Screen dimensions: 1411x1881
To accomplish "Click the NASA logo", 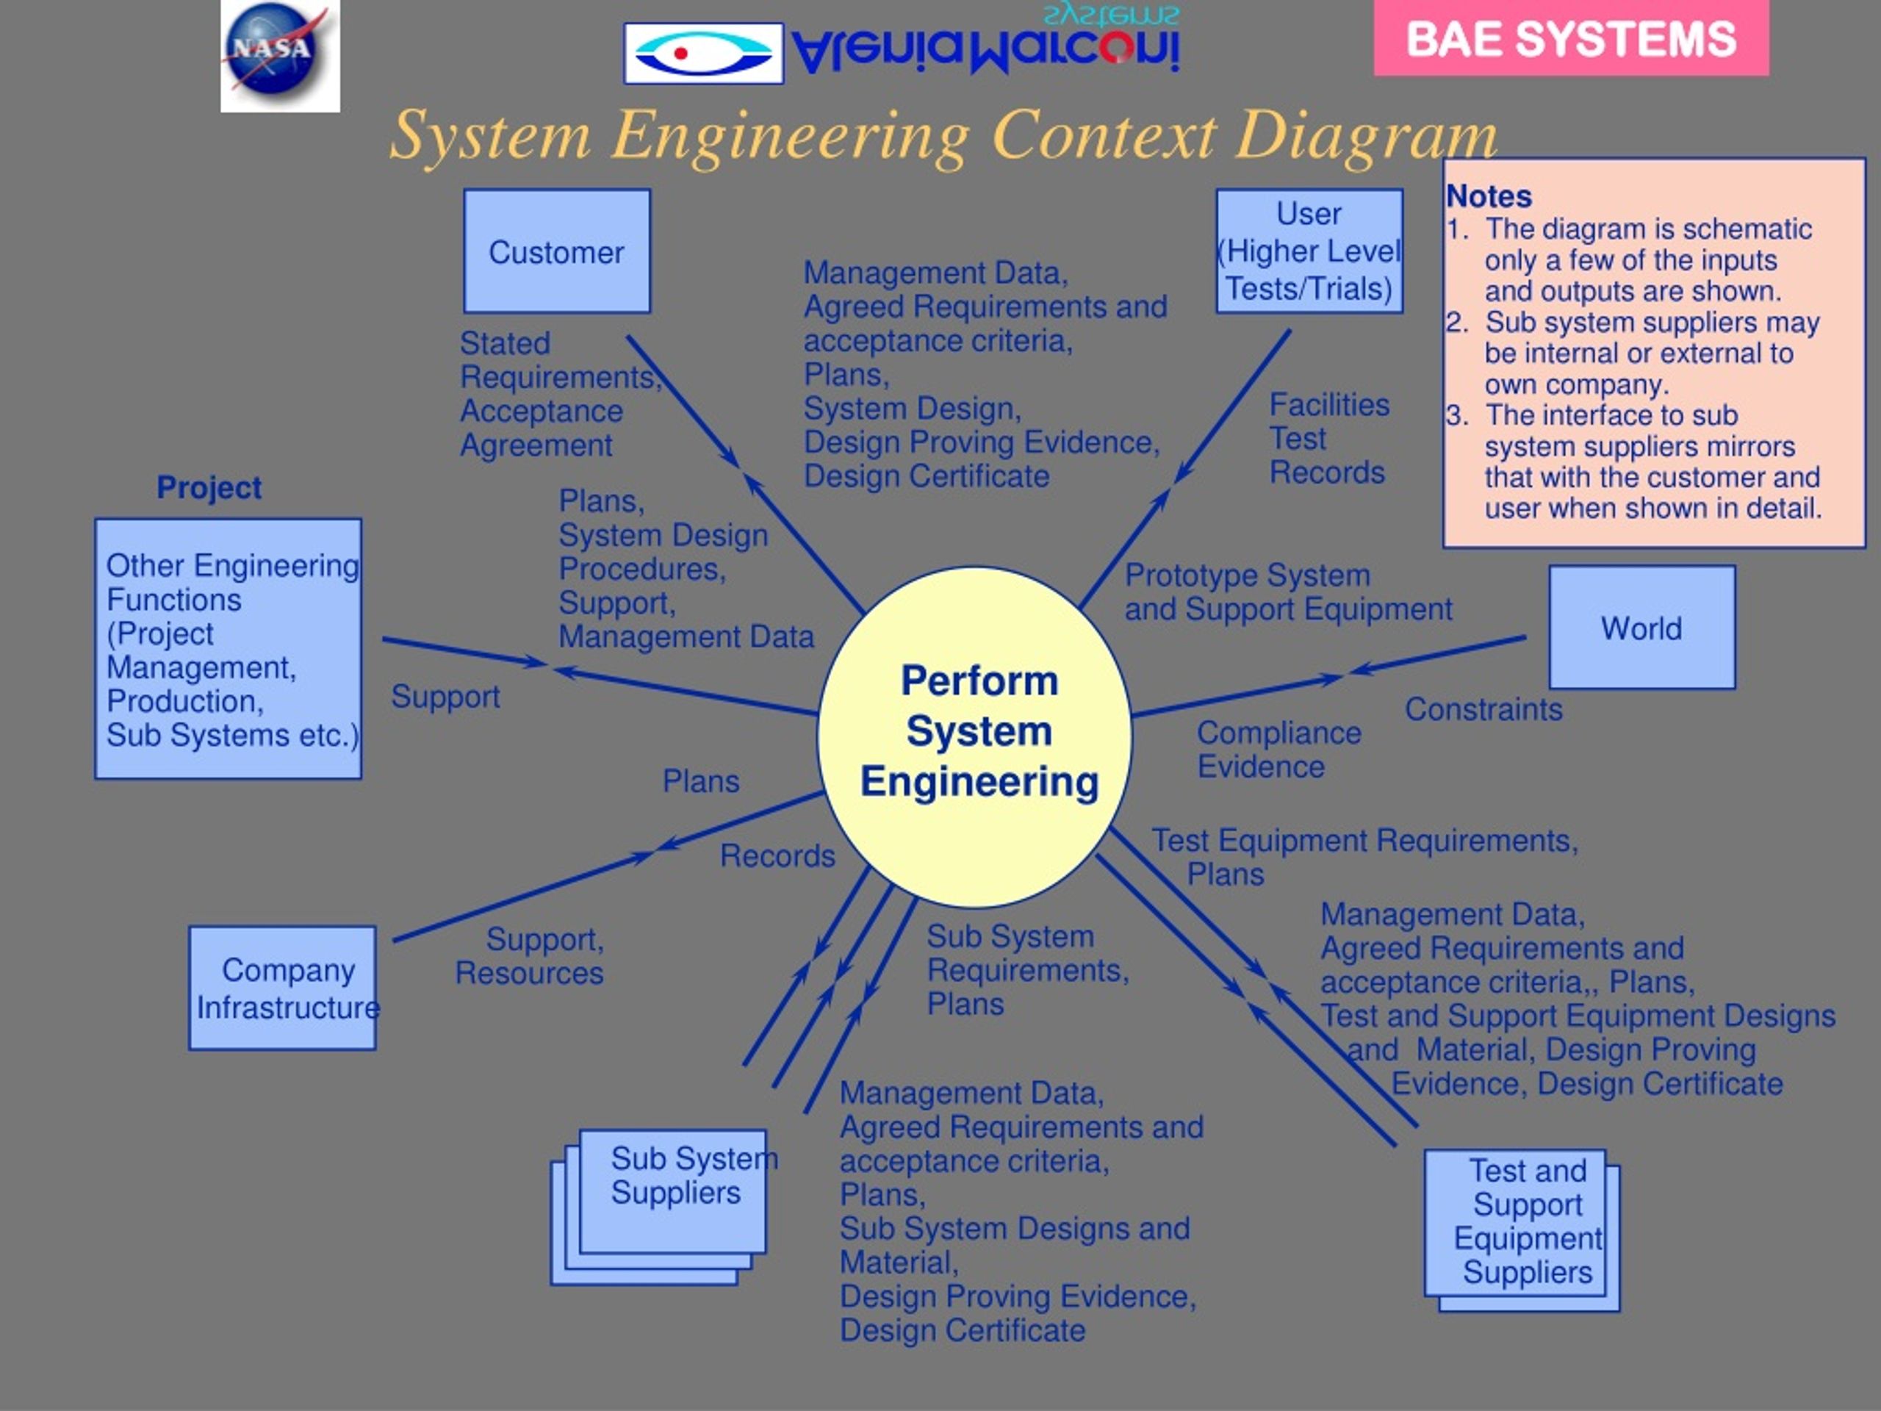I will [x=280, y=55].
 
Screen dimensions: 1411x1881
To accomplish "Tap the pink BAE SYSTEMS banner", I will [x=1571, y=39].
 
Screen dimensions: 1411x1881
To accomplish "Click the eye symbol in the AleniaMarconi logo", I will [x=702, y=54].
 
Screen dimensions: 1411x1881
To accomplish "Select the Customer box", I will [x=557, y=252].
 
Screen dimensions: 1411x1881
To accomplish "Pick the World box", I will [x=1641, y=628].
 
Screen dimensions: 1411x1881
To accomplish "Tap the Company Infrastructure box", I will [x=282, y=988].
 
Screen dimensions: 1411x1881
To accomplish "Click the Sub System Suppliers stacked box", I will [x=672, y=1191].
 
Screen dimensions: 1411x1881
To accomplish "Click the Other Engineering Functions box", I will [x=228, y=649].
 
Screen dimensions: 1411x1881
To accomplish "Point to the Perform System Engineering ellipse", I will [x=977, y=733].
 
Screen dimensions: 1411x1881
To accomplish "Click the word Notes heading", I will [x=1489, y=196].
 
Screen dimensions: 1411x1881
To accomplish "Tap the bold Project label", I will [x=209, y=487].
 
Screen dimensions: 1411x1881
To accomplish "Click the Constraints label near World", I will [x=1483, y=709].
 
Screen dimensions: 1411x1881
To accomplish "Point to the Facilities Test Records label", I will [x=1328, y=438].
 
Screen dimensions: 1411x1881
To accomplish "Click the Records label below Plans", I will [x=777, y=855].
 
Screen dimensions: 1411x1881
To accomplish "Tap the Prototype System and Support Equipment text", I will [x=1287, y=592].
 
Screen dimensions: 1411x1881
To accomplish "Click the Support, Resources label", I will [x=531, y=956].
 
